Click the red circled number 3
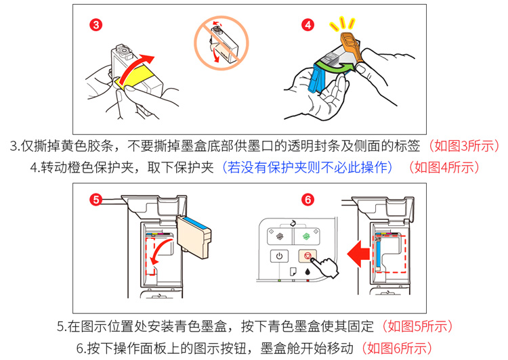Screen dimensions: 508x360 [x=96, y=24]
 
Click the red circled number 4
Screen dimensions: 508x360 [x=308, y=24]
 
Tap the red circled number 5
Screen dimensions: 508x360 [x=96, y=200]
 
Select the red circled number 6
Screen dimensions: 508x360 [x=308, y=200]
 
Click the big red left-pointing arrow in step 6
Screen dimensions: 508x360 [x=358, y=254]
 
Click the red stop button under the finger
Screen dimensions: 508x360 [x=307, y=256]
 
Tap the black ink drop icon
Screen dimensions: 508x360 [x=308, y=271]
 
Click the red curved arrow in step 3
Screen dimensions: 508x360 [x=133, y=68]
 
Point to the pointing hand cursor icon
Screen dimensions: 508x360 [x=326, y=267]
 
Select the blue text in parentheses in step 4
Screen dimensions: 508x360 [x=308, y=167]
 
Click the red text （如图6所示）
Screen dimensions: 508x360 [x=397, y=348]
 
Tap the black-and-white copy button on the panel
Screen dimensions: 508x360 [x=280, y=236]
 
